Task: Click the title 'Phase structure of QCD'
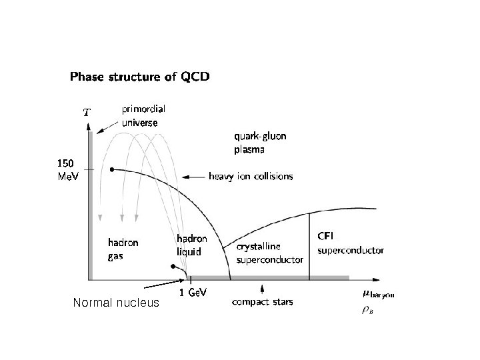tap(140, 77)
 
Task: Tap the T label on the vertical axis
tap(86, 112)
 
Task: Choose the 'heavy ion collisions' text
tap(250, 177)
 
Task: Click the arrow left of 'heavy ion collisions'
tap(194, 177)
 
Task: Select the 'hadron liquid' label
tap(192, 245)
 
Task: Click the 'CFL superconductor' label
tap(350, 244)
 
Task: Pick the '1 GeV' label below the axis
tap(191, 293)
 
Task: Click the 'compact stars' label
tap(262, 302)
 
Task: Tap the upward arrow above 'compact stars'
tap(263, 288)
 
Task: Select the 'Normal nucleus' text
tap(117, 303)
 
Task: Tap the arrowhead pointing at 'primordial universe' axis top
tap(99, 132)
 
